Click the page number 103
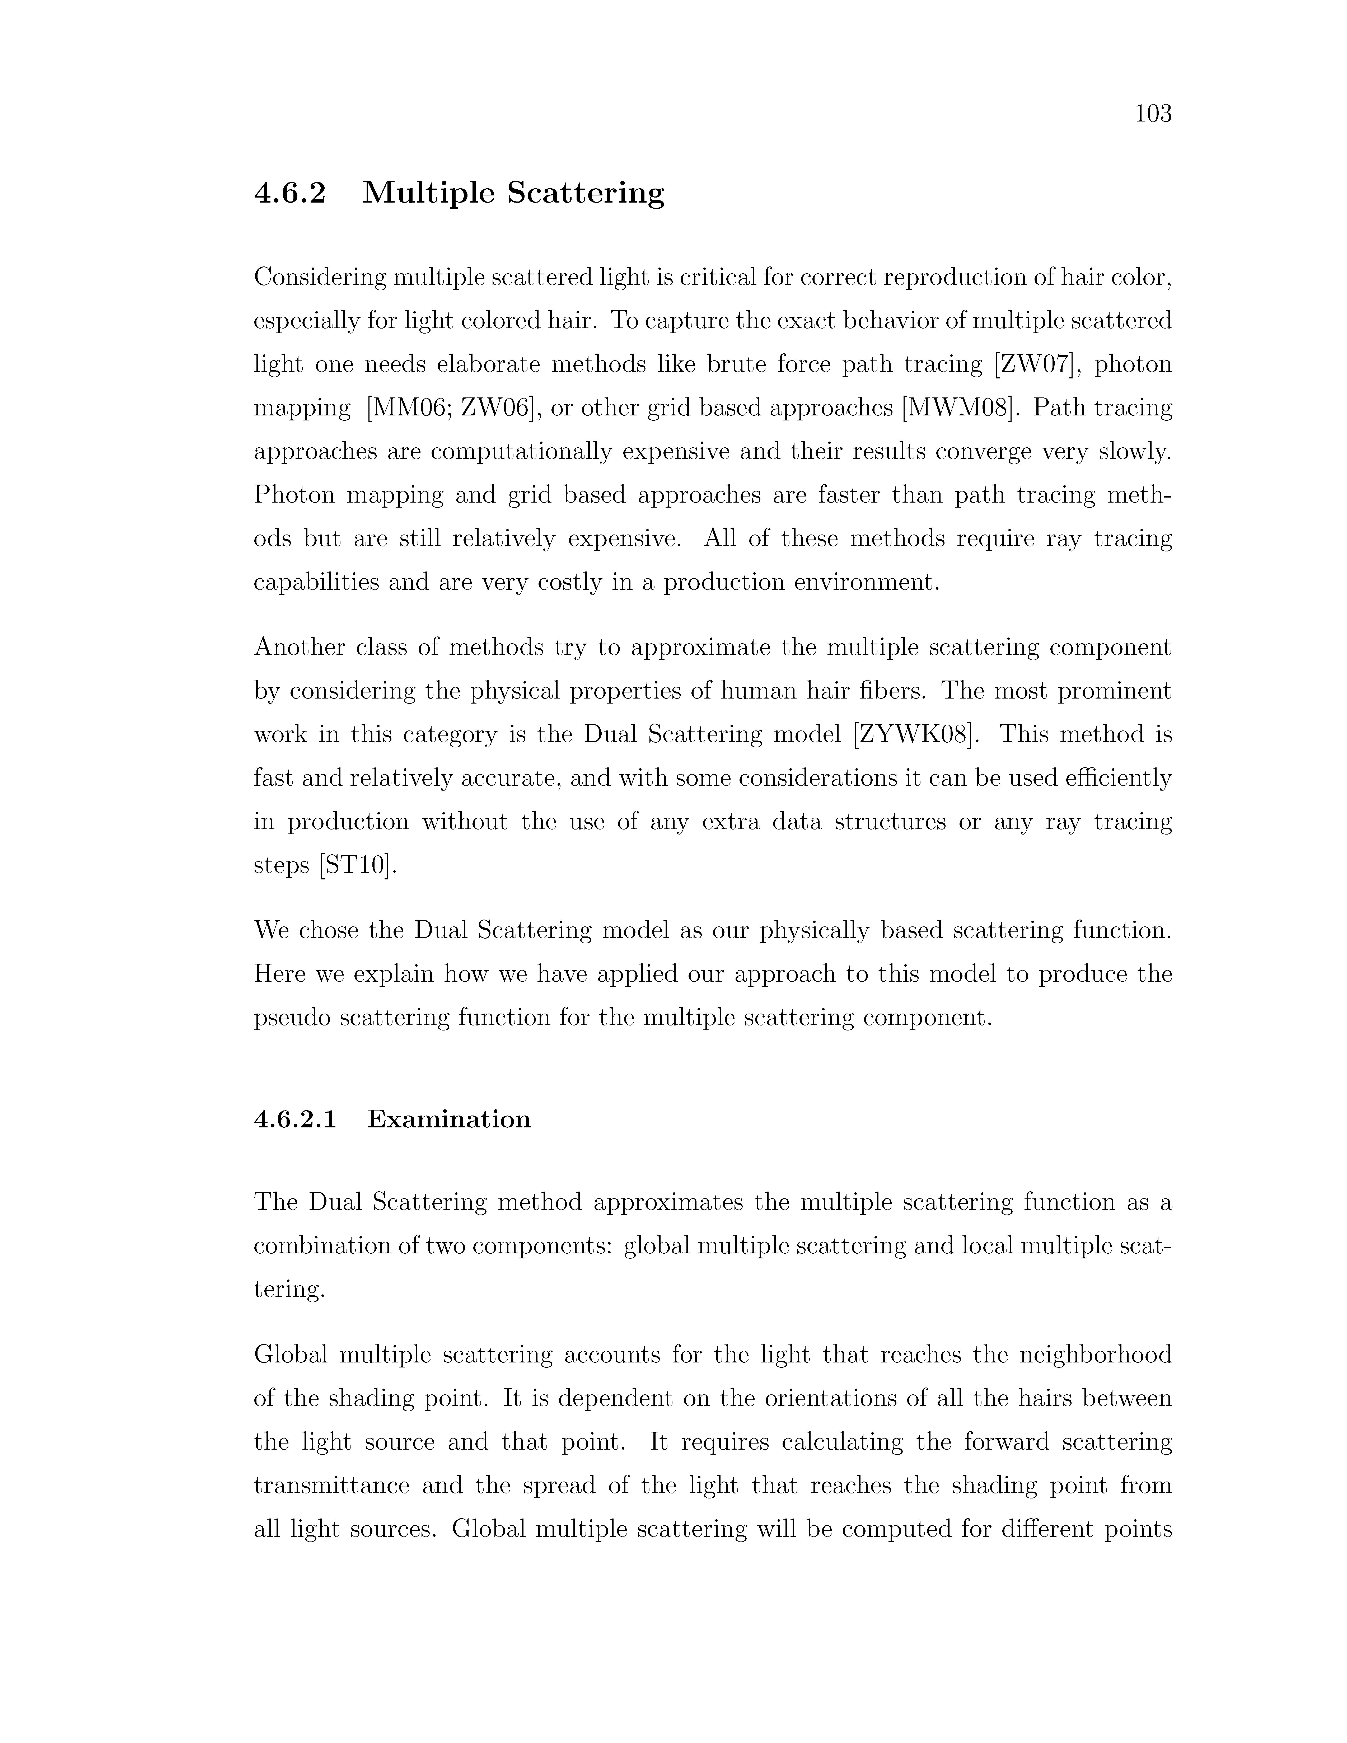pyautogui.click(x=1153, y=114)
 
